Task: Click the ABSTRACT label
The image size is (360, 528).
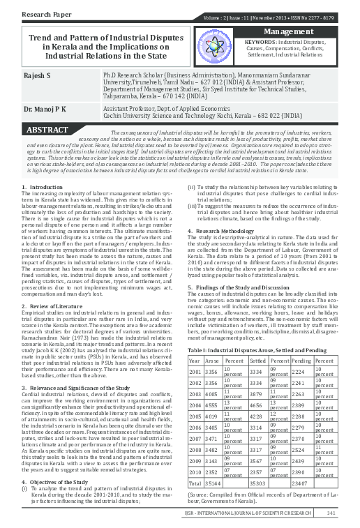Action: [47, 130]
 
